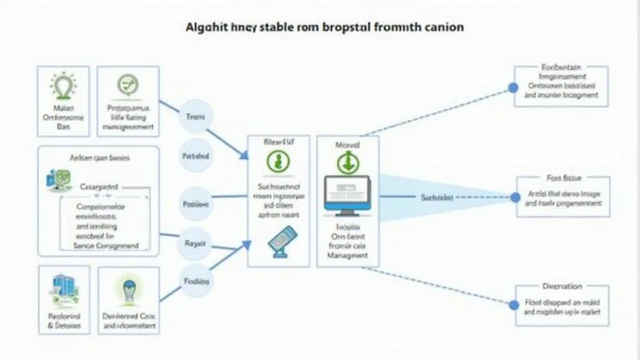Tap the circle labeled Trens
(196, 117)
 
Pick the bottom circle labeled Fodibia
(196, 281)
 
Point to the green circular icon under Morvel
(347, 163)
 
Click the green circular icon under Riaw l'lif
(278, 162)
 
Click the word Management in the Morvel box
(347, 256)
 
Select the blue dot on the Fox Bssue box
(515, 197)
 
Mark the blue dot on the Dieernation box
(514, 305)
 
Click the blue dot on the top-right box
(513, 88)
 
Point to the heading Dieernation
(561, 286)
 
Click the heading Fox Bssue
(563, 179)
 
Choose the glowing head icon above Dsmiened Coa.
(129, 289)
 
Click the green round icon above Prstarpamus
(129, 85)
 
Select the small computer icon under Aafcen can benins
(55, 179)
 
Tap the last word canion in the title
(442, 28)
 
